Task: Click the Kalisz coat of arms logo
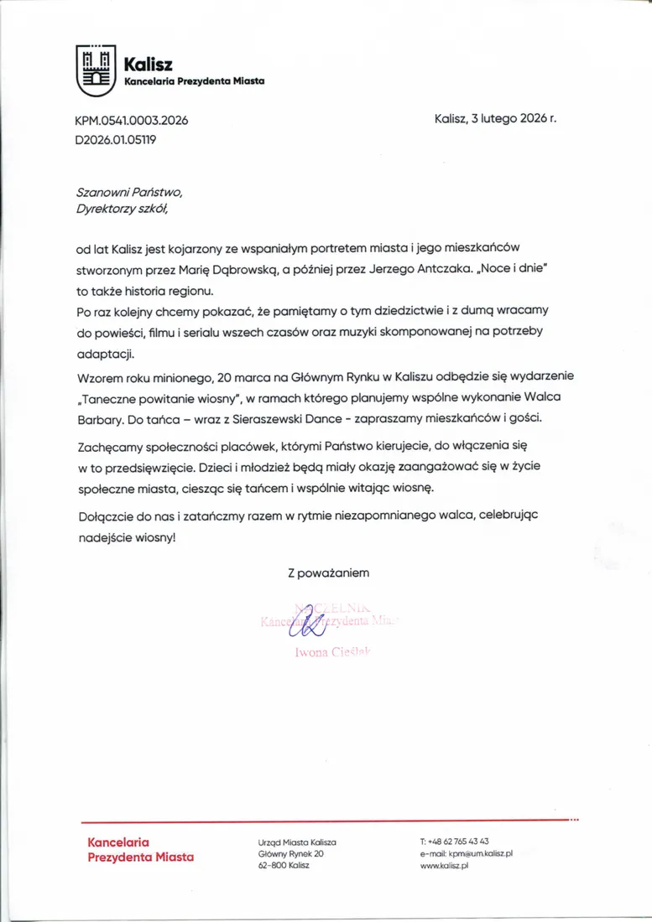pyautogui.click(x=94, y=70)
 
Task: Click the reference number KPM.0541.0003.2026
pyautogui.click(x=132, y=121)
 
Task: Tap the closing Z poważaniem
pyautogui.click(x=327, y=574)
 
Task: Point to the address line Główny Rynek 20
pyautogui.click(x=290, y=853)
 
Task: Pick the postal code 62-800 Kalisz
pyautogui.click(x=284, y=865)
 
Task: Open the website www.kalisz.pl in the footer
pyautogui.click(x=444, y=865)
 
